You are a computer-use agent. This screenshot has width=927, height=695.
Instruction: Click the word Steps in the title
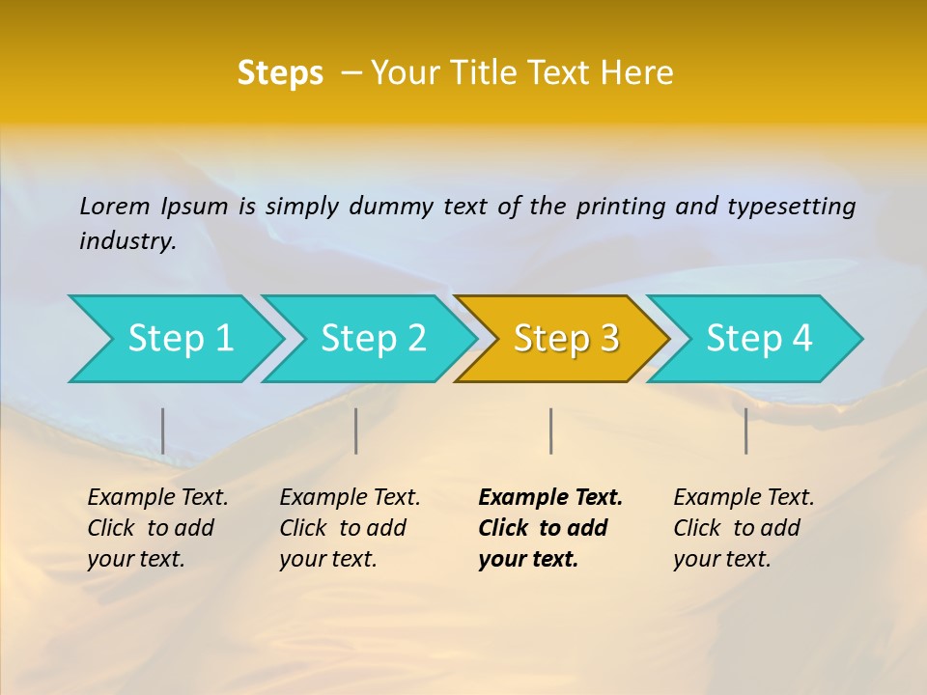(x=280, y=73)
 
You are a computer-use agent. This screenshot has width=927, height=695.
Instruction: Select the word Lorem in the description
(x=115, y=206)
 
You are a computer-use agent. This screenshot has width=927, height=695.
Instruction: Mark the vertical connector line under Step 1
(x=163, y=431)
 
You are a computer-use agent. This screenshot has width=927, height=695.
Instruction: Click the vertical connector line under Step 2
(x=356, y=431)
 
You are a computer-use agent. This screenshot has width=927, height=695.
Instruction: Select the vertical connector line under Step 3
(x=551, y=431)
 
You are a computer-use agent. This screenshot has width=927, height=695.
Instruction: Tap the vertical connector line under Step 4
(x=746, y=431)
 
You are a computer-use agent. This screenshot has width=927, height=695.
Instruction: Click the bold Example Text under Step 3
(x=550, y=498)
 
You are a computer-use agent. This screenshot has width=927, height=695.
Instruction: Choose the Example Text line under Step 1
(x=157, y=498)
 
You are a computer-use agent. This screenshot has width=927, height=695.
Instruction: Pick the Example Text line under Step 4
(x=744, y=498)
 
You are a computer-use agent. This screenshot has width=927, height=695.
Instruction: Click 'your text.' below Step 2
(x=328, y=559)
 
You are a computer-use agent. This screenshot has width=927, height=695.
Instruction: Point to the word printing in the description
(x=621, y=206)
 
